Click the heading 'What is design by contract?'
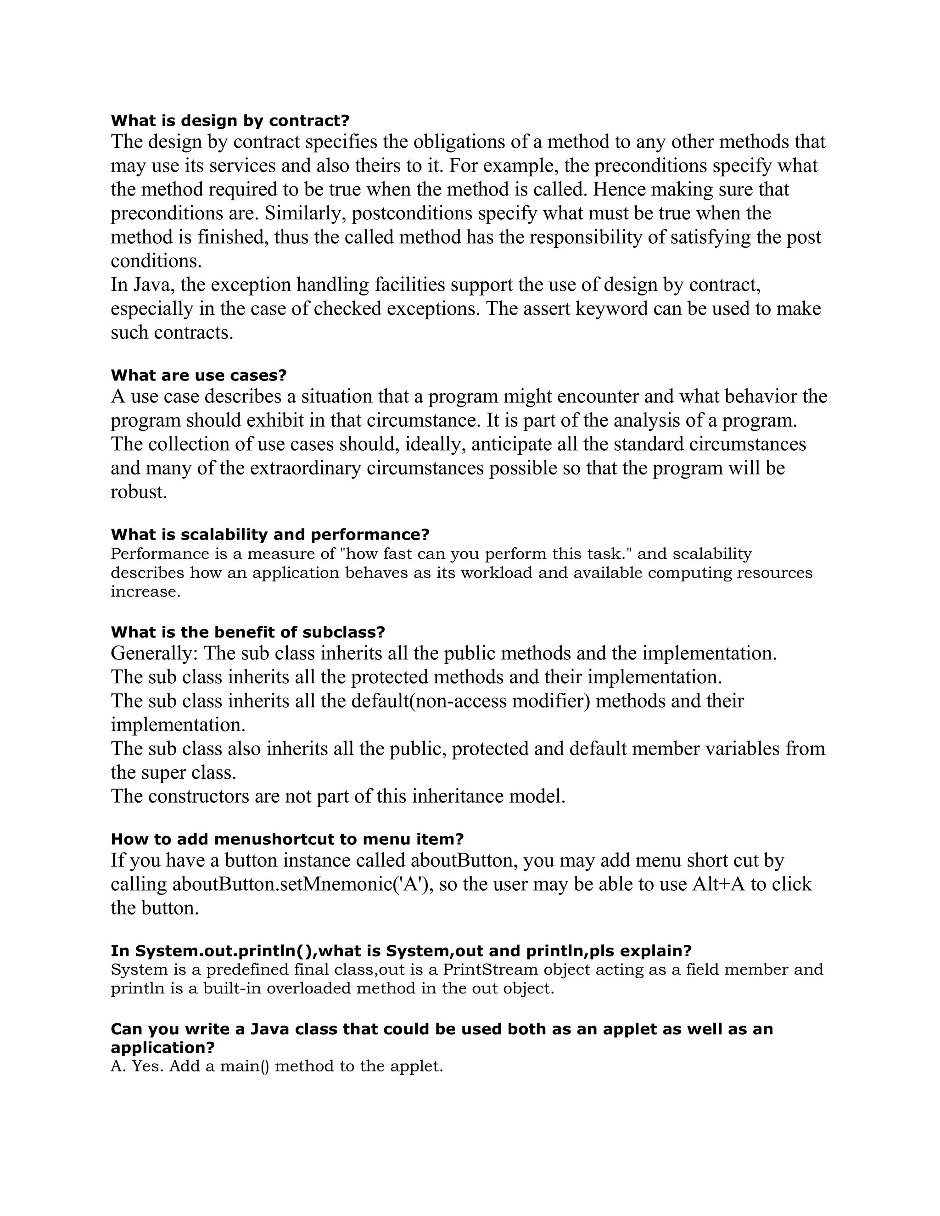click(x=229, y=120)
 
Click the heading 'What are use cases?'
click(x=198, y=375)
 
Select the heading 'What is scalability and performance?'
click(x=270, y=535)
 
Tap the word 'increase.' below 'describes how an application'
click(x=146, y=591)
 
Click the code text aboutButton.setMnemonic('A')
click(x=303, y=884)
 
